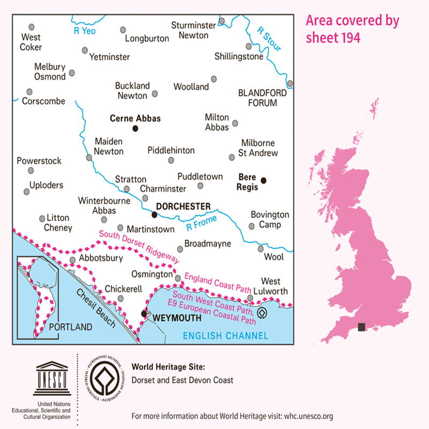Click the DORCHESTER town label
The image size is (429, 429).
[183, 206]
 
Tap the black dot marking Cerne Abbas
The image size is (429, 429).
[135, 128]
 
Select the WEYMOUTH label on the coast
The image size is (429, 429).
[176, 317]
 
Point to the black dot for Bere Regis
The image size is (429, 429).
[263, 180]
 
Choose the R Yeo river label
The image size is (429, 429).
[84, 31]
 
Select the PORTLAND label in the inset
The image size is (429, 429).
[70, 327]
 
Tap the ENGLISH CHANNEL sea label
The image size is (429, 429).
[225, 336]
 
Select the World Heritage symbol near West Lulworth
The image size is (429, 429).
[262, 312]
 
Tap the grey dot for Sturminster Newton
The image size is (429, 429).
[221, 22]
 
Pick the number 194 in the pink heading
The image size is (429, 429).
[346, 38]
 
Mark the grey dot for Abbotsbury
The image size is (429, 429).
[72, 260]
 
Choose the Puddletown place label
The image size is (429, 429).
[200, 176]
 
